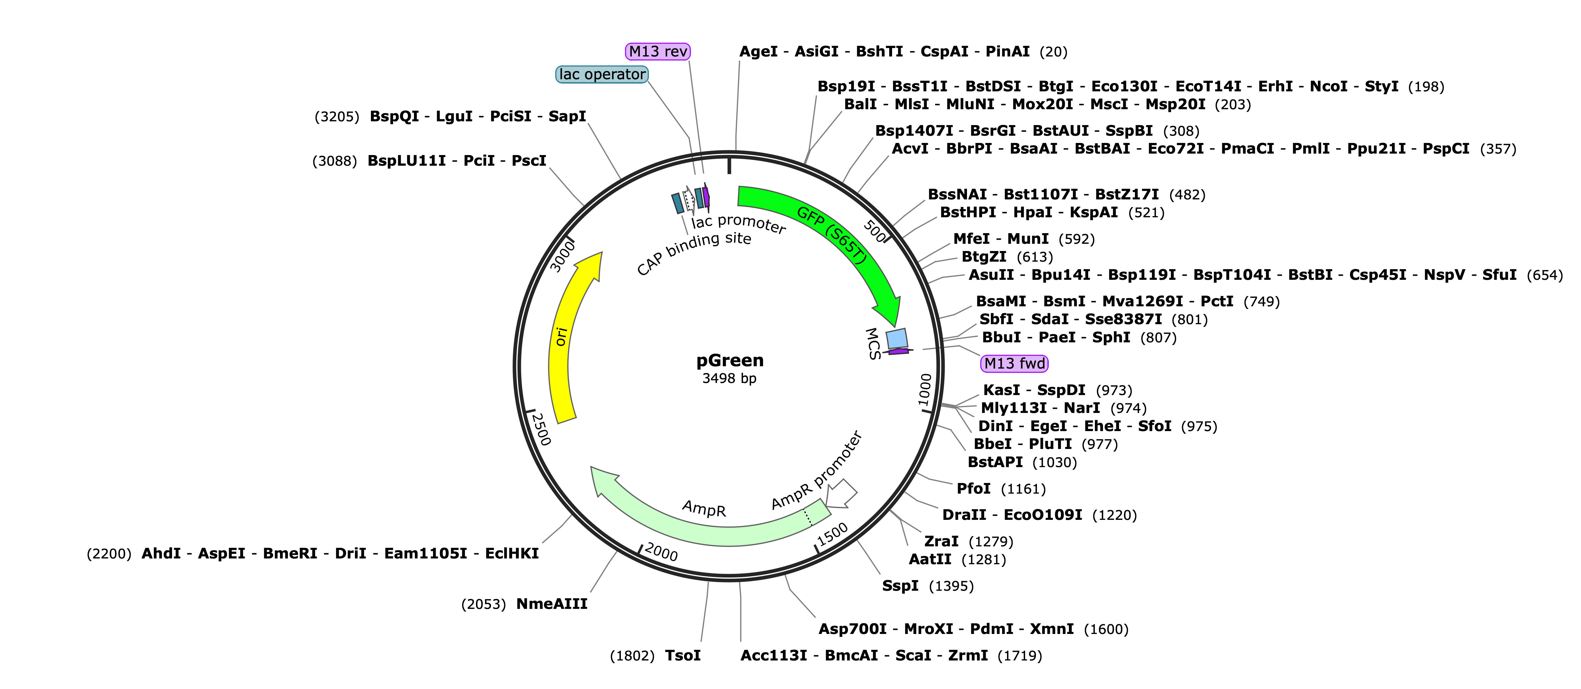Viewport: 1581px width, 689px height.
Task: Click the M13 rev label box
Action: pos(658,52)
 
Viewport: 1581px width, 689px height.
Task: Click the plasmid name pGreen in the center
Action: pos(730,360)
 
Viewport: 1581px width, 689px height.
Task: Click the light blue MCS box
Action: pos(897,338)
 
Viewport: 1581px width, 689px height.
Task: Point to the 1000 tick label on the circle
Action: pos(925,390)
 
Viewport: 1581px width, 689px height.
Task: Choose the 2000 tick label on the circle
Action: pos(661,552)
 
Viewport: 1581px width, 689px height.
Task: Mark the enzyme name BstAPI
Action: pos(995,462)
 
